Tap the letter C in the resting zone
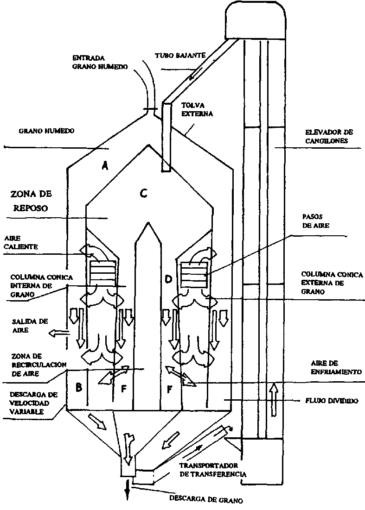click(x=144, y=194)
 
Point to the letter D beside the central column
click(x=168, y=278)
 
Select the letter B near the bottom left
click(x=79, y=387)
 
